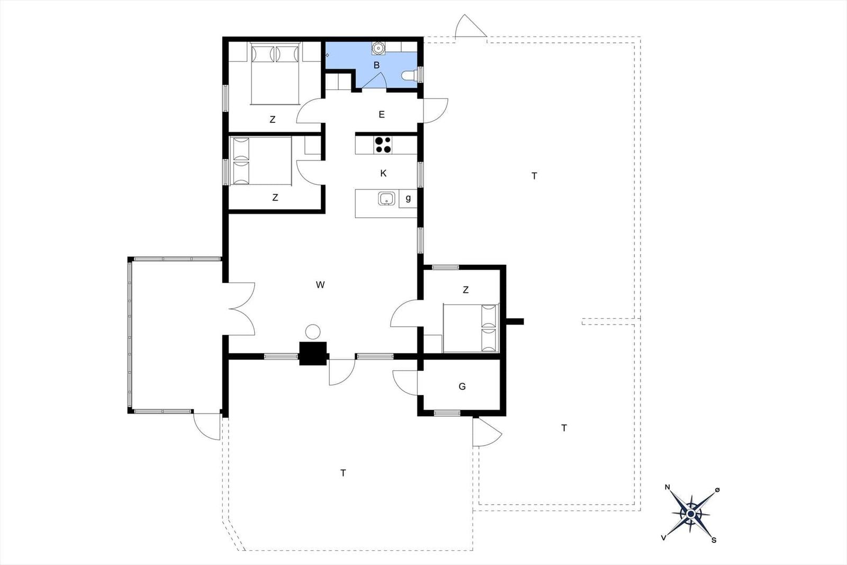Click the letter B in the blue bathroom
click(376, 66)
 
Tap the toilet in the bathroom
click(409, 75)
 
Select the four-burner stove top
click(383, 145)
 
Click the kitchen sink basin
click(386, 199)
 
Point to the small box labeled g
click(408, 199)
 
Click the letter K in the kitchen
click(383, 174)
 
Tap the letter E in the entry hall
click(382, 114)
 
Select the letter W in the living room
click(320, 285)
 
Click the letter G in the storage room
click(462, 387)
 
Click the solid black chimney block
click(313, 354)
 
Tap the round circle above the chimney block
click(313, 331)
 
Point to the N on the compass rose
click(668, 487)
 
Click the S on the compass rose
click(714, 540)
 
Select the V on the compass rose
click(664, 538)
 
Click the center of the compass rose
click(691, 514)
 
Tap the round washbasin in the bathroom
click(378, 48)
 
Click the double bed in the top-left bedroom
click(275, 74)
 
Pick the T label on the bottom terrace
click(343, 473)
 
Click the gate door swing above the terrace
click(470, 26)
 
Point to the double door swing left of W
click(242, 309)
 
